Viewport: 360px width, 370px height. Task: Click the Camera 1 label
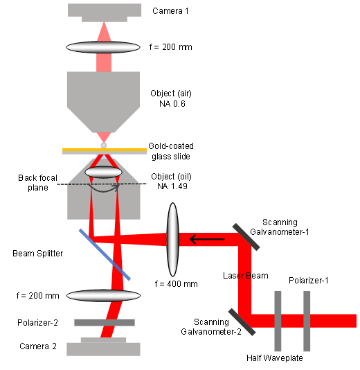(170, 11)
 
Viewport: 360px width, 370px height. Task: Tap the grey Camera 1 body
(105, 11)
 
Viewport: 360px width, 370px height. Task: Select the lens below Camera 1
(103, 47)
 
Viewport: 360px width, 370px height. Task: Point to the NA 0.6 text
(172, 104)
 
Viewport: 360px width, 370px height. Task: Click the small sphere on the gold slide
(103, 146)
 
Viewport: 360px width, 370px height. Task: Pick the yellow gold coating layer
(105, 150)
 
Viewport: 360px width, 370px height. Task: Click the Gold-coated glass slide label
(171, 151)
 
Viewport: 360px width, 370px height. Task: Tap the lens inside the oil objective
(103, 172)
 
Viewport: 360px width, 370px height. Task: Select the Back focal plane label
(37, 183)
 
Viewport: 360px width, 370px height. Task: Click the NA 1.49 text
(172, 186)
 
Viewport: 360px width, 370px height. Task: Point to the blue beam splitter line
(105, 254)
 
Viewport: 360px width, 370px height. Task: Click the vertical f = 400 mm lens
(173, 240)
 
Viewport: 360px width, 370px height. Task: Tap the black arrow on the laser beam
(207, 239)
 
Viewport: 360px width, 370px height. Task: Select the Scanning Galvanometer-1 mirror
(246, 237)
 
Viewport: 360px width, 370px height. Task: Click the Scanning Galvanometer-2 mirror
(242, 322)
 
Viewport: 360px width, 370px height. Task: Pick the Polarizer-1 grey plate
(307, 321)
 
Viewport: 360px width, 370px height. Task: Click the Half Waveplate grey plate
(278, 321)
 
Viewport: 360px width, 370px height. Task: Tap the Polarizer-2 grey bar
(105, 323)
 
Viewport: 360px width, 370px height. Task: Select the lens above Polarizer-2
(103, 296)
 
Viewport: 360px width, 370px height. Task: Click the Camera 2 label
(38, 346)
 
